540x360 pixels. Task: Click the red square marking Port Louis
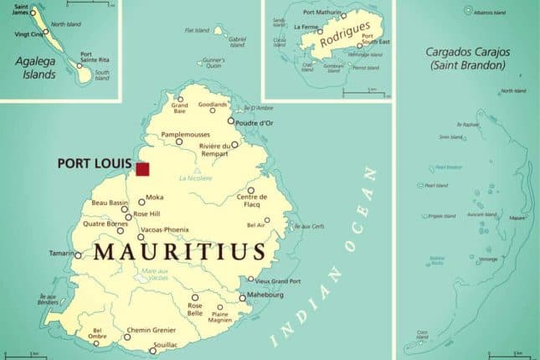click(142, 169)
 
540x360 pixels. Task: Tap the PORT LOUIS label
click(92, 164)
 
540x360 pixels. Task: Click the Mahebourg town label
click(265, 296)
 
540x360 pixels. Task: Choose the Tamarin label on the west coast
click(60, 253)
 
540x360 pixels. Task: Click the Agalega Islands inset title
click(35, 68)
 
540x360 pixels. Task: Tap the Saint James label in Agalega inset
click(16, 11)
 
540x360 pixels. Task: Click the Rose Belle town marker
click(195, 297)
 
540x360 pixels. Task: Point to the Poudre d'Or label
click(255, 123)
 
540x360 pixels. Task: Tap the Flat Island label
click(197, 30)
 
